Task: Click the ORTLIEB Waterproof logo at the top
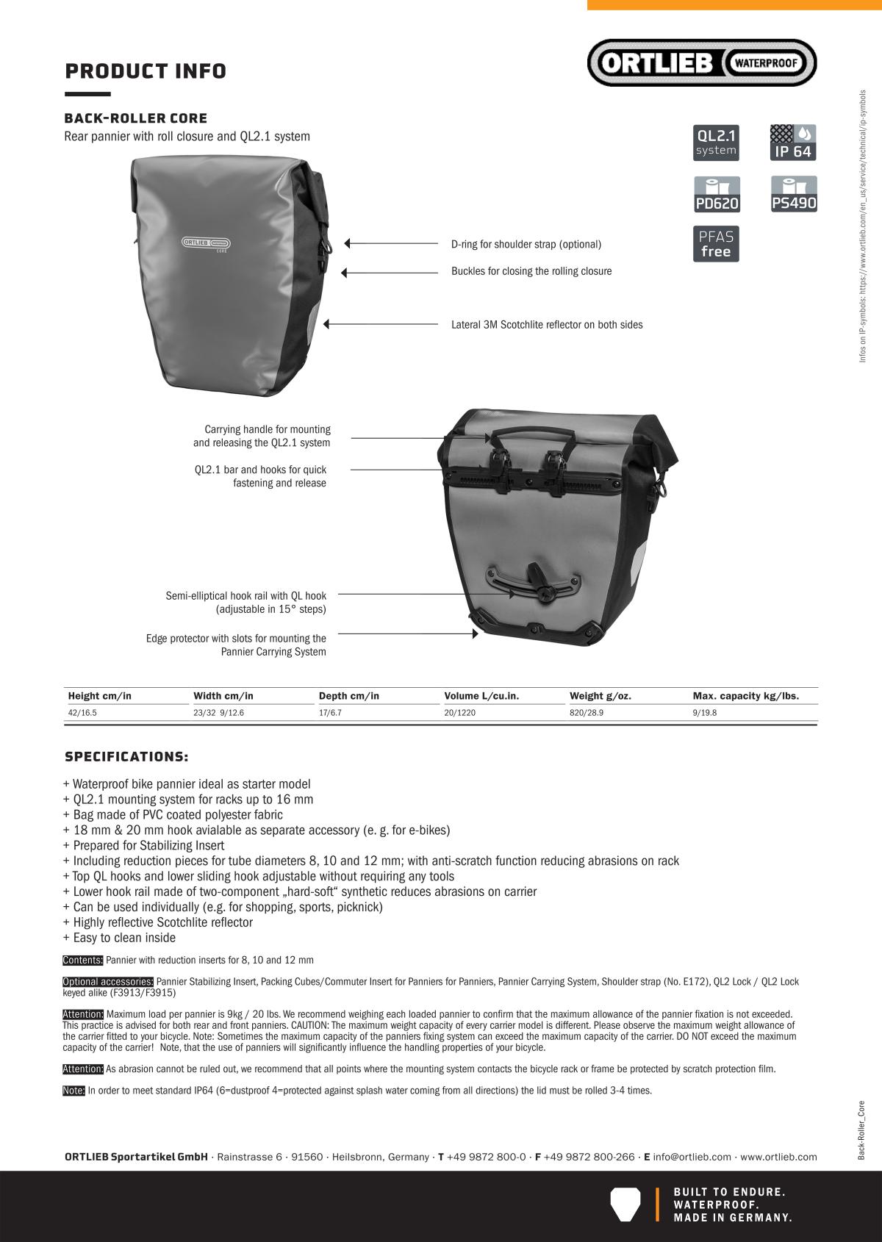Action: pos(701,62)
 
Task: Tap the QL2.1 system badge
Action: pos(716,143)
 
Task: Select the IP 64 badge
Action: pos(793,143)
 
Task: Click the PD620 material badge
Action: pos(717,195)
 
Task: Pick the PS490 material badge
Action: pos(794,195)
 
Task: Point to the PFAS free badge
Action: pos(716,244)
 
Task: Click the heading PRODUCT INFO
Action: pos(146,71)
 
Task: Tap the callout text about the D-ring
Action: pos(526,244)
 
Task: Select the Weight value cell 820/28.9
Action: pos(587,713)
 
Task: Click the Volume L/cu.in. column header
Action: pos(481,696)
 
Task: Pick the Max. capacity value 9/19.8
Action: pos(704,713)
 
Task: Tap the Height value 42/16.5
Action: pos(82,713)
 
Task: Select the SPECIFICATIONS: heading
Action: pos(126,757)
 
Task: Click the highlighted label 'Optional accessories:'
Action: pos(108,982)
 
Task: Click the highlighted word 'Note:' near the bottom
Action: pos(73,1091)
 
